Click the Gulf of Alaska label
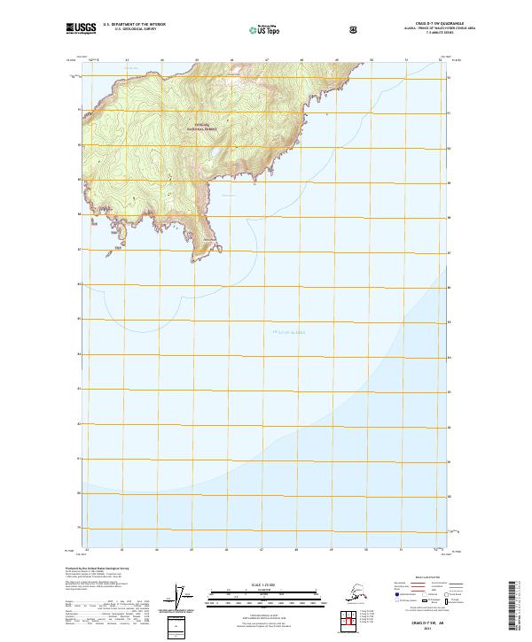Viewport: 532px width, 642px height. coord(286,332)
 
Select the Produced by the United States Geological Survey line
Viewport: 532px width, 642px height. coord(93,567)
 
